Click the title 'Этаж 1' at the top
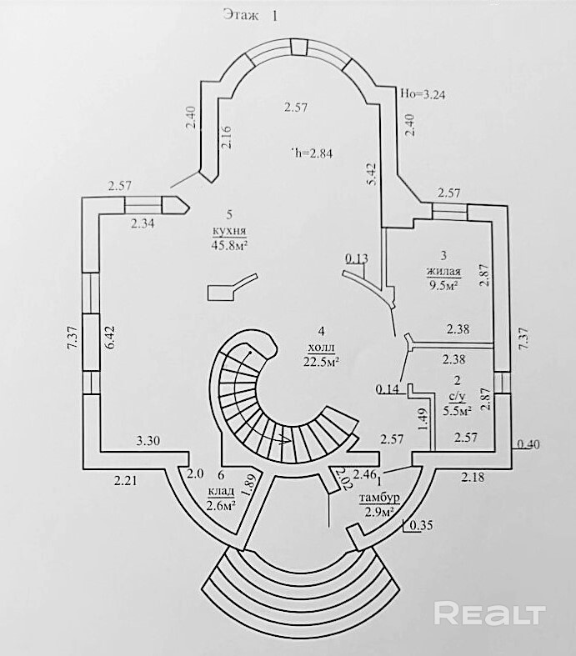pyautogui.click(x=250, y=14)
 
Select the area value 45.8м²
pyautogui.click(x=231, y=243)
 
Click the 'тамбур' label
pyautogui.click(x=377, y=498)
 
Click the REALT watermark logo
pyautogui.click(x=490, y=615)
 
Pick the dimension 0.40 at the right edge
pyautogui.click(x=528, y=443)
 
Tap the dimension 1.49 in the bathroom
pyautogui.click(x=423, y=415)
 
